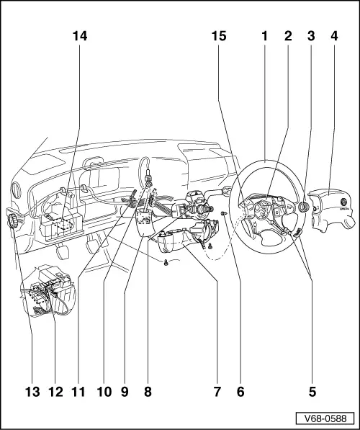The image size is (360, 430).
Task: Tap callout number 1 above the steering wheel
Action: (265, 35)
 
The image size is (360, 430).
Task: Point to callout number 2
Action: (289, 35)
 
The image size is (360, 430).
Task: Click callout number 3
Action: (311, 35)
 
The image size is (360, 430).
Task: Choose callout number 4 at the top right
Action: (333, 35)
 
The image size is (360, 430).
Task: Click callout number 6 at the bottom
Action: (240, 393)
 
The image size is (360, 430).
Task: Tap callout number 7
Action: (217, 393)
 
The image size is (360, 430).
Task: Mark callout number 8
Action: (148, 393)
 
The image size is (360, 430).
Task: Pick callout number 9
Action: (125, 393)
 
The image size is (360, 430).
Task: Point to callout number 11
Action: (78, 393)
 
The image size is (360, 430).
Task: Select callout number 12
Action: (55, 393)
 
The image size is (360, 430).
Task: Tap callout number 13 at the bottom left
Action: (32, 393)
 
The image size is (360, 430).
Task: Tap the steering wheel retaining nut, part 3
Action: (303, 207)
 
